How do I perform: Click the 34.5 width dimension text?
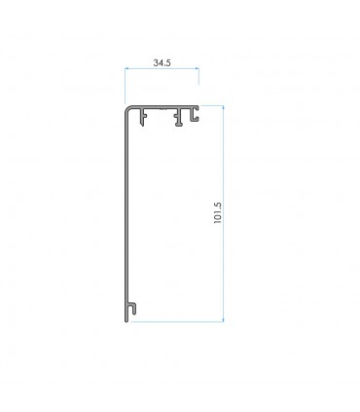click(x=162, y=63)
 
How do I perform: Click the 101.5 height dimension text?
click(x=217, y=213)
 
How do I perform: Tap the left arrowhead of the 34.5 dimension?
click(x=126, y=68)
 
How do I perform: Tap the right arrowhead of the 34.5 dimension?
click(x=197, y=68)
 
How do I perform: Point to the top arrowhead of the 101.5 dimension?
click(x=223, y=107)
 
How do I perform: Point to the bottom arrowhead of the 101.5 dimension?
click(x=223, y=319)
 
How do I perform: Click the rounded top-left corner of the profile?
click(x=127, y=108)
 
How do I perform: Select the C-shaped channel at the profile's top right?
click(x=195, y=114)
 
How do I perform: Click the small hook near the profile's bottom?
click(x=132, y=308)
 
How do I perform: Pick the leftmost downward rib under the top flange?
click(x=143, y=117)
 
